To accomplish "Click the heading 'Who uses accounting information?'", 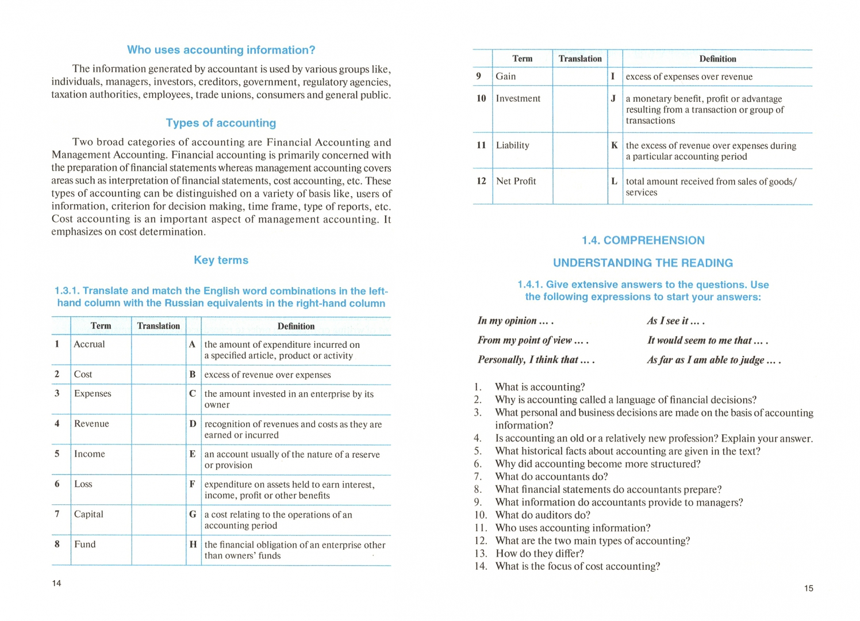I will [x=221, y=50].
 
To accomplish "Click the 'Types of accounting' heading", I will [x=221, y=123].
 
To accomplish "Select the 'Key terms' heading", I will [x=221, y=260].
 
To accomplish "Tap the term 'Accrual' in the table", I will [x=90, y=344].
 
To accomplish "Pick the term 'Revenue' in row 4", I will [x=91, y=423].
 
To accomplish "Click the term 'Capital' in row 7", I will [x=89, y=514].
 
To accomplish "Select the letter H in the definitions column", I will [x=193, y=544].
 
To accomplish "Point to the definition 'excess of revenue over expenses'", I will [x=267, y=375].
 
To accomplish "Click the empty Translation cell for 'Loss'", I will [x=159, y=489].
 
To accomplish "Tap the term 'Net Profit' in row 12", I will [x=516, y=181].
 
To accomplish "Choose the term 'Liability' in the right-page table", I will [x=512, y=145].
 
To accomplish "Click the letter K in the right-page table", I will [x=615, y=145].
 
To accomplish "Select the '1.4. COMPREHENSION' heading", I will [x=643, y=240].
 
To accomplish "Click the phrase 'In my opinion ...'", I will [x=515, y=321].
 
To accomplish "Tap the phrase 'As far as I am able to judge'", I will [x=713, y=360].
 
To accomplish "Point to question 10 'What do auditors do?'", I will [x=543, y=515].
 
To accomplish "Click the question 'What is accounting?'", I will [x=540, y=387].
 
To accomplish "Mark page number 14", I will [x=56, y=583].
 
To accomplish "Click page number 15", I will [x=808, y=588].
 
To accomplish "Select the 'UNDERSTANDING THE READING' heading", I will [x=643, y=263].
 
